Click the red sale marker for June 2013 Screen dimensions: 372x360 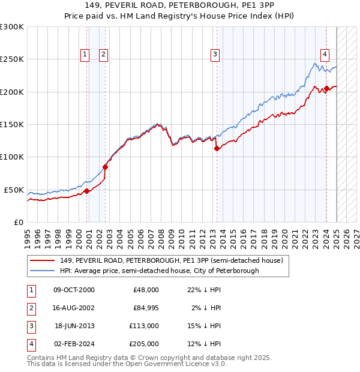point(217,149)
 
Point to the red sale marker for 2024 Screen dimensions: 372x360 point(326,89)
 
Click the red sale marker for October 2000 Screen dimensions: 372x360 point(86,191)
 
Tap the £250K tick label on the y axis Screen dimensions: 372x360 point(12,59)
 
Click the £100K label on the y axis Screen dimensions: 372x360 point(12,157)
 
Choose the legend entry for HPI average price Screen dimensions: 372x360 point(159,271)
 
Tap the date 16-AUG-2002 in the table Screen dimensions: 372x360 point(74,308)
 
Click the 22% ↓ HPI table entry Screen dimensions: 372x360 point(203,290)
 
